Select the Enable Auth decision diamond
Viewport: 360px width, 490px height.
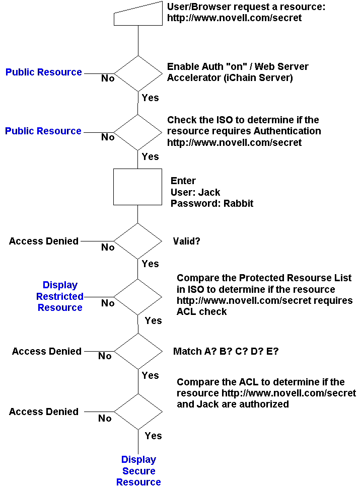(x=137, y=73)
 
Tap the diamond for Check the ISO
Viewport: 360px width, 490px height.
(x=137, y=132)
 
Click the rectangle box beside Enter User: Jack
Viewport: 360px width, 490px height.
(x=137, y=187)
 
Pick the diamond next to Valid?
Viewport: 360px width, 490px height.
(x=137, y=241)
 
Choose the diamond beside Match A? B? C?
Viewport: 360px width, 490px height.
(x=137, y=351)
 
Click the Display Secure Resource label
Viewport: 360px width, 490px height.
(x=138, y=471)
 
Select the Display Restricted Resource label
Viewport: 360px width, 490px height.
(x=60, y=296)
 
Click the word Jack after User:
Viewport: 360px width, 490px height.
(x=209, y=192)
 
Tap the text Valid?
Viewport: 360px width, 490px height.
(x=187, y=241)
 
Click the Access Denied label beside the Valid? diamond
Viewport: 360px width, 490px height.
(x=44, y=241)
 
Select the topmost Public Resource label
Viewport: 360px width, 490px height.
(x=44, y=72)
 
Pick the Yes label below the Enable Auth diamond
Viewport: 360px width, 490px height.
(x=150, y=98)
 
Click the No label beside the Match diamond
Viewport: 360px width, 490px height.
(x=105, y=356)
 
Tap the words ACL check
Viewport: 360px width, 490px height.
(x=201, y=311)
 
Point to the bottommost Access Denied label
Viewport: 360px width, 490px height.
(x=44, y=412)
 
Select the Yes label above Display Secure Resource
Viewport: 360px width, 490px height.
(x=153, y=436)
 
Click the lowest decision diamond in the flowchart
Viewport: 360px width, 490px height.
(x=137, y=412)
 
